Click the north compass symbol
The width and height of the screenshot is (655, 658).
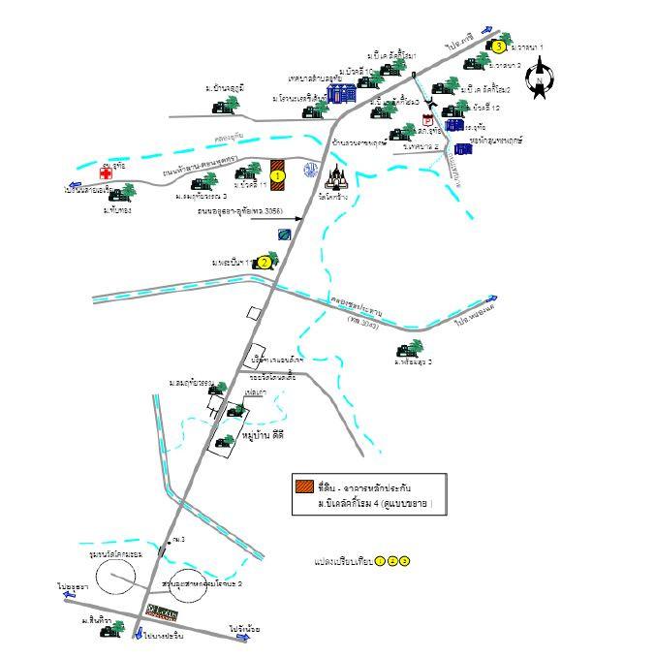[540, 79]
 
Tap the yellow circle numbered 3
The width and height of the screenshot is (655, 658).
[498, 46]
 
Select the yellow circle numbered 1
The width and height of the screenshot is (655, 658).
[277, 176]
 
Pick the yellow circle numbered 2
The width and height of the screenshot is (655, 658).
[264, 262]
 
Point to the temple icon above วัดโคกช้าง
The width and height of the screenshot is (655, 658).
[338, 178]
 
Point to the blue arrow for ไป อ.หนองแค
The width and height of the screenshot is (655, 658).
[492, 299]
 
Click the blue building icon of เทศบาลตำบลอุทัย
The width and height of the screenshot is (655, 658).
[340, 93]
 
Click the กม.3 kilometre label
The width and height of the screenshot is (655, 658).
[178, 539]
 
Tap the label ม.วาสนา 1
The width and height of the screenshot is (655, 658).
[528, 47]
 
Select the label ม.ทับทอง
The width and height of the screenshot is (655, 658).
[117, 209]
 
